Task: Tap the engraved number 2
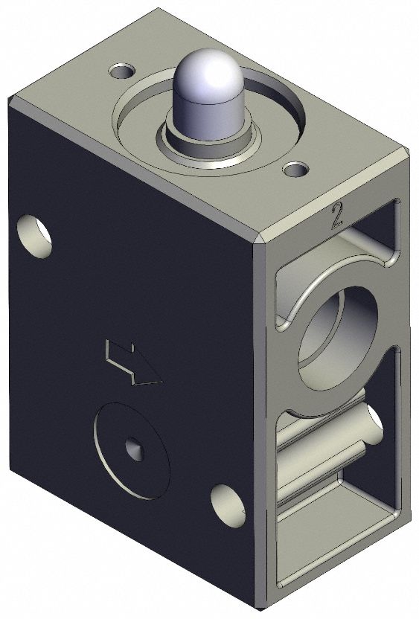(336, 217)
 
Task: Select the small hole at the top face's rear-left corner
(121, 71)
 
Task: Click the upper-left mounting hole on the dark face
(34, 235)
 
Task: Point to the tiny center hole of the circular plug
(135, 449)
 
